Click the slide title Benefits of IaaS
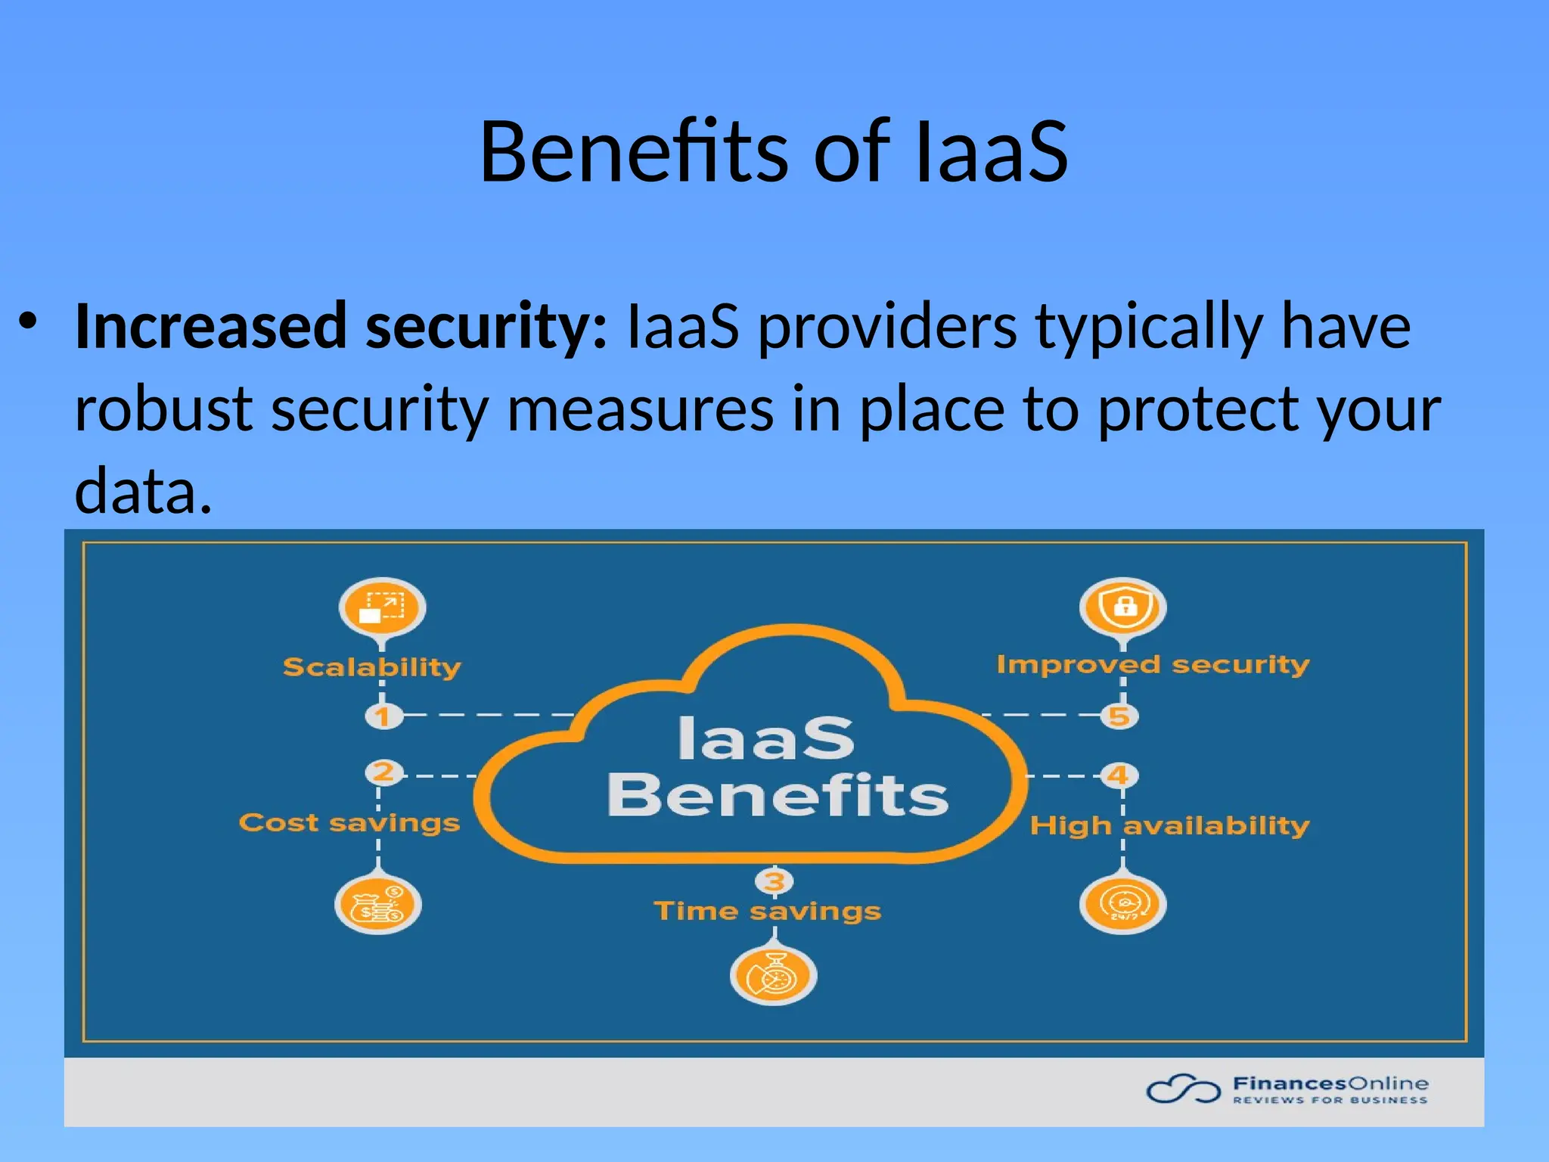(x=774, y=152)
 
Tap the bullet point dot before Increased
(x=28, y=321)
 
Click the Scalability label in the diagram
(x=371, y=667)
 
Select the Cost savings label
(x=349, y=822)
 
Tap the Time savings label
(x=767, y=911)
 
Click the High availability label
(x=1169, y=825)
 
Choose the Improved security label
(x=1153, y=664)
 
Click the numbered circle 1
(x=383, y=716)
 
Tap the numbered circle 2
(x=383, y=772)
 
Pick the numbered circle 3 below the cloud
(x=774, y=881)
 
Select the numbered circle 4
(x=1118, y=775)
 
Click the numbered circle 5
(x=1119, y=716)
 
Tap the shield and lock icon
(x=1123, y=607)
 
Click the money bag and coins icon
(x=378, y=905)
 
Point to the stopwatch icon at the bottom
(x=773, y=976)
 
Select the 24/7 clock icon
(x=1122, y=905)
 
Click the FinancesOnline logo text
(x=1330, y=1084)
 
